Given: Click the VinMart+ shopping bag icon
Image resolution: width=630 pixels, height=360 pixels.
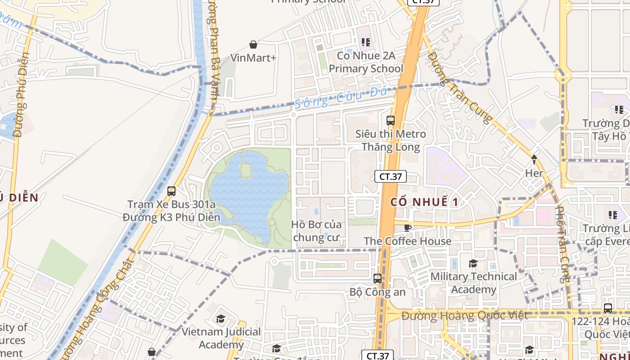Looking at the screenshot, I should (253, 45).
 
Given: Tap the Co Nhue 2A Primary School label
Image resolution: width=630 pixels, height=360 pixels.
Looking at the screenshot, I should (366, 62).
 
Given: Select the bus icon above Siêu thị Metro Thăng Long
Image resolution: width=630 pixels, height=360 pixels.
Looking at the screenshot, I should (390, 121).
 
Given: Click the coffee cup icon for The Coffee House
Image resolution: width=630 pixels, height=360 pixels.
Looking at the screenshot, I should (408, 228).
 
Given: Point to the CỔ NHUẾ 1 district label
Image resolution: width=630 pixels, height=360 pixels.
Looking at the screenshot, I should (424, 202).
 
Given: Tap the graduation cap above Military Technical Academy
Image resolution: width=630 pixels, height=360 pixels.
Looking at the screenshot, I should (473, 263).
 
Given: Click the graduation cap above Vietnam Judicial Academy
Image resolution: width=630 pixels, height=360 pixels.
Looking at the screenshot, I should (220, 319).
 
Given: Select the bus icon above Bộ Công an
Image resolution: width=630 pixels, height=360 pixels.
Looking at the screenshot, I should (378, 279).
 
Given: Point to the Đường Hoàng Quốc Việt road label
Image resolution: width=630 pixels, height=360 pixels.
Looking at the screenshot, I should (464, 316).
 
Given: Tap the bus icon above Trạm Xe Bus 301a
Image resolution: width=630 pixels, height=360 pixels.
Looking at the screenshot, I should (171, 191).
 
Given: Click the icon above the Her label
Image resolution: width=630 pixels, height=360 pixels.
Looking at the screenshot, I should (534, 159).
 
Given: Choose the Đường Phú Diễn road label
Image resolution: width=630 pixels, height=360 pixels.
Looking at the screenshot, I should (21, 94).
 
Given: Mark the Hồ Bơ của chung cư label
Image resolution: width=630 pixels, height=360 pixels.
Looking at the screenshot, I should (316, 231).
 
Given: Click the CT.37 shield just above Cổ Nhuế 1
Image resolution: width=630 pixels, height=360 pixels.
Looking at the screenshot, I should (390, 176).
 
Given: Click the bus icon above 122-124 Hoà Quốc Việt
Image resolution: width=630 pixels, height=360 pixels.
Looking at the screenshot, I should (607, 308).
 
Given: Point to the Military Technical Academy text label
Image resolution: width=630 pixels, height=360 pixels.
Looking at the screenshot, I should (473, 283).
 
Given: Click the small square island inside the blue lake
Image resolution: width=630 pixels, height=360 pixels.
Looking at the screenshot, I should (246, 170).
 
